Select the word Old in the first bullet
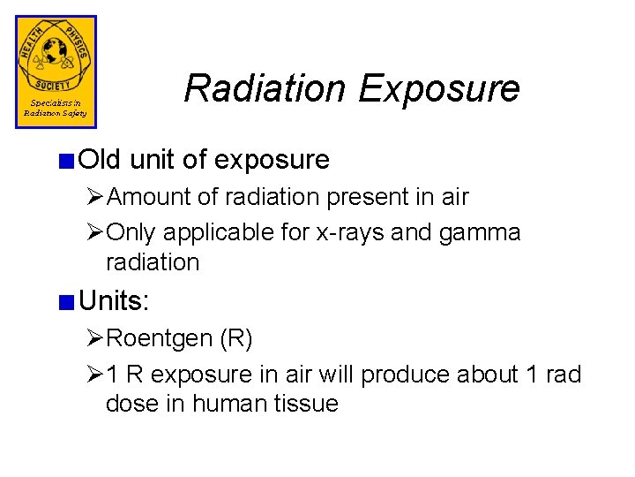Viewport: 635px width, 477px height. (101, 160)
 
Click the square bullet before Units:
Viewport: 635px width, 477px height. (65, 302)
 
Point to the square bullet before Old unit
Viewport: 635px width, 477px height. (65, 161)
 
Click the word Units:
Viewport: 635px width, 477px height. (114, 301)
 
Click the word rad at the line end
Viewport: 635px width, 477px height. (563, 375)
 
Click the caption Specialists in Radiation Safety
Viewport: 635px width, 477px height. (55, 109)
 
